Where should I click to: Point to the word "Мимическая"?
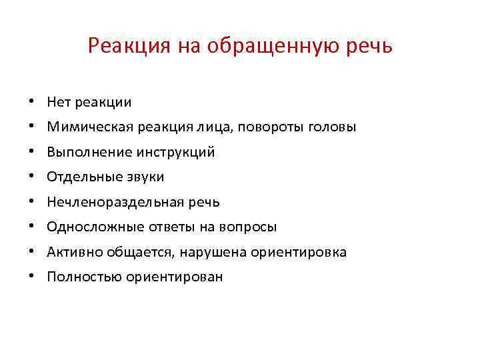(x=83, y=127)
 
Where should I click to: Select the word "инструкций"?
(x=177, y=152)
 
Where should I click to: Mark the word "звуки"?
(x=145, y=177)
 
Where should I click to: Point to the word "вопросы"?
(x=250, y=227)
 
